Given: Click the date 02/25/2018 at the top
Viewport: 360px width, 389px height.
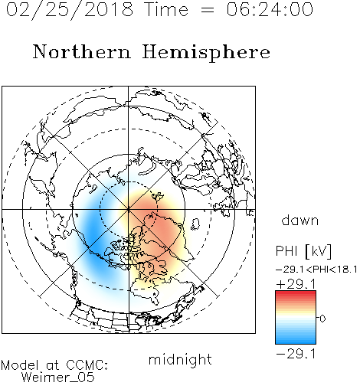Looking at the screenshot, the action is (70, 10).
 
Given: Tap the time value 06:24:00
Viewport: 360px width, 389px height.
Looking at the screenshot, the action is (270, 9).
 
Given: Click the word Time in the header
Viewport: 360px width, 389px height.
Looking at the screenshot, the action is (166, 9).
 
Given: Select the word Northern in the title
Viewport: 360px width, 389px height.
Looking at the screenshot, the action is (81, 51).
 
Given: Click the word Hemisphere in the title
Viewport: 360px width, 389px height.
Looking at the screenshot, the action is (206, 53).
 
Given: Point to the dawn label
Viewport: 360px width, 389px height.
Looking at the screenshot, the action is (300, 220).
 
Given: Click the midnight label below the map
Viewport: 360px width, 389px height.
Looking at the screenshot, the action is (180, 359).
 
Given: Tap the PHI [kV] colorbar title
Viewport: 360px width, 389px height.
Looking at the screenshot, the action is (303, 251).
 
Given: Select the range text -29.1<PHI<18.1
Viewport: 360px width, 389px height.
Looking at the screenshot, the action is (316, 270).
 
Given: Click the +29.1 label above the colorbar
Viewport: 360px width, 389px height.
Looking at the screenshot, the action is (296, 284).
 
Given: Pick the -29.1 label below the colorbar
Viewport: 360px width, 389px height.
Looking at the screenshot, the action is (296, 354).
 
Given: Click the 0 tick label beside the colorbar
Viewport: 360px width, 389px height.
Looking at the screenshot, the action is (322, 319).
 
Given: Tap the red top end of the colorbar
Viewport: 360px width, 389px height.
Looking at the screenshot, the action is (296, 293).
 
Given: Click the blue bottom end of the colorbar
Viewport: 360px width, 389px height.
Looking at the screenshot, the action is (296, 342).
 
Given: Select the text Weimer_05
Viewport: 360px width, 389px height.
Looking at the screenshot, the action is (58, 378).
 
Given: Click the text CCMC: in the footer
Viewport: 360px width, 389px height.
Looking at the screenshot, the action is (87, 365).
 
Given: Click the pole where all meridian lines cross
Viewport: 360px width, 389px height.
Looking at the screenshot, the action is (129, 209).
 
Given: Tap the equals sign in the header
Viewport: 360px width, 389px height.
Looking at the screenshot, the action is (207, 10).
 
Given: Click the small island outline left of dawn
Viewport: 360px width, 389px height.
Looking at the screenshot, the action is (195, 224).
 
